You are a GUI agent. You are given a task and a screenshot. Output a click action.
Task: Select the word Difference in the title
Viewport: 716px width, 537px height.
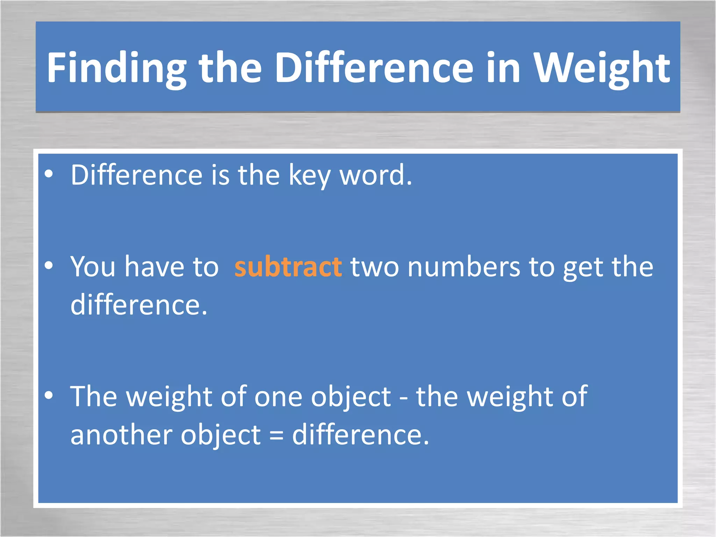click(x=374, y=68)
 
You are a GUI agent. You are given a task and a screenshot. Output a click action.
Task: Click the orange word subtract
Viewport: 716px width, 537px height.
click(x=288, y=267)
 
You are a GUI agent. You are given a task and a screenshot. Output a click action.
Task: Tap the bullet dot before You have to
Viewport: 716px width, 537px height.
click(x=49, y=265)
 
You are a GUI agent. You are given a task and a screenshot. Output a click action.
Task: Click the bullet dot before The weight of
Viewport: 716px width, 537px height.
click(x=49, y=395)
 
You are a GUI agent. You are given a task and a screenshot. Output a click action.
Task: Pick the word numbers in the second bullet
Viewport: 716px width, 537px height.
click(x=464, y=267)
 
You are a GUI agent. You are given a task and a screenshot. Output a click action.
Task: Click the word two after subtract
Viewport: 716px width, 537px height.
click(x=374, y=267)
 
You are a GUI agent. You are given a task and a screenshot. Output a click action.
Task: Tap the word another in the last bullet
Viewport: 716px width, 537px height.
click(x=121, y=435)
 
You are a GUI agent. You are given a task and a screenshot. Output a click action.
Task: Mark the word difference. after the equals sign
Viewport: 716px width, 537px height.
click(x=360, y=435)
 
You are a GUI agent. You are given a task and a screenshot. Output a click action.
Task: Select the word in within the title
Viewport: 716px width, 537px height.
click(x=504, y=68)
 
